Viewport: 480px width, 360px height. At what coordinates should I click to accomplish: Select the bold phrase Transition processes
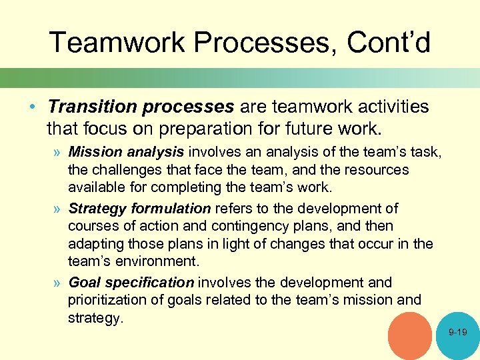141,107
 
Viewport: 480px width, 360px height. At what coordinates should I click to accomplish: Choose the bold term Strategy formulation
139,209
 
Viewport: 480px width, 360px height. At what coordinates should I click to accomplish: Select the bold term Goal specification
131,282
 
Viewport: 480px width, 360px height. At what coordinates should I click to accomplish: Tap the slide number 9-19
458,331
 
